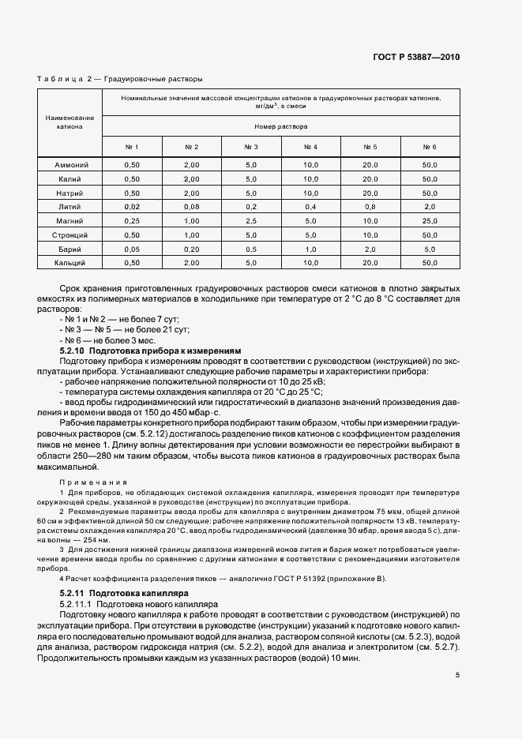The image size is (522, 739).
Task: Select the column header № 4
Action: pos(310,147)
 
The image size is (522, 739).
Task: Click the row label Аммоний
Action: pos(71,165)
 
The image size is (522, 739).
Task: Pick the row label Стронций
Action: pos(71,234)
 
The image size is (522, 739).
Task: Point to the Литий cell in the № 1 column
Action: pos(132,207)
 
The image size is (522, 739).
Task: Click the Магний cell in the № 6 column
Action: pos(430,220)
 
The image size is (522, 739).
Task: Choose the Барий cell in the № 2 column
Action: pos(191,248)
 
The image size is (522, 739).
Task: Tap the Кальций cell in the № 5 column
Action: pos(370,262)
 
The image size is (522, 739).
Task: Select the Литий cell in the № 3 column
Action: pos(251,207)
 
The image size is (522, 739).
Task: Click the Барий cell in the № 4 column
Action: pos(310,248)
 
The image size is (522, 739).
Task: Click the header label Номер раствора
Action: pos(280,126)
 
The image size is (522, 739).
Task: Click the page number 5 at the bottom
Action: pos(458,675)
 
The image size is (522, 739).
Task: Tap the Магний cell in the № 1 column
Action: pos(132,220)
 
